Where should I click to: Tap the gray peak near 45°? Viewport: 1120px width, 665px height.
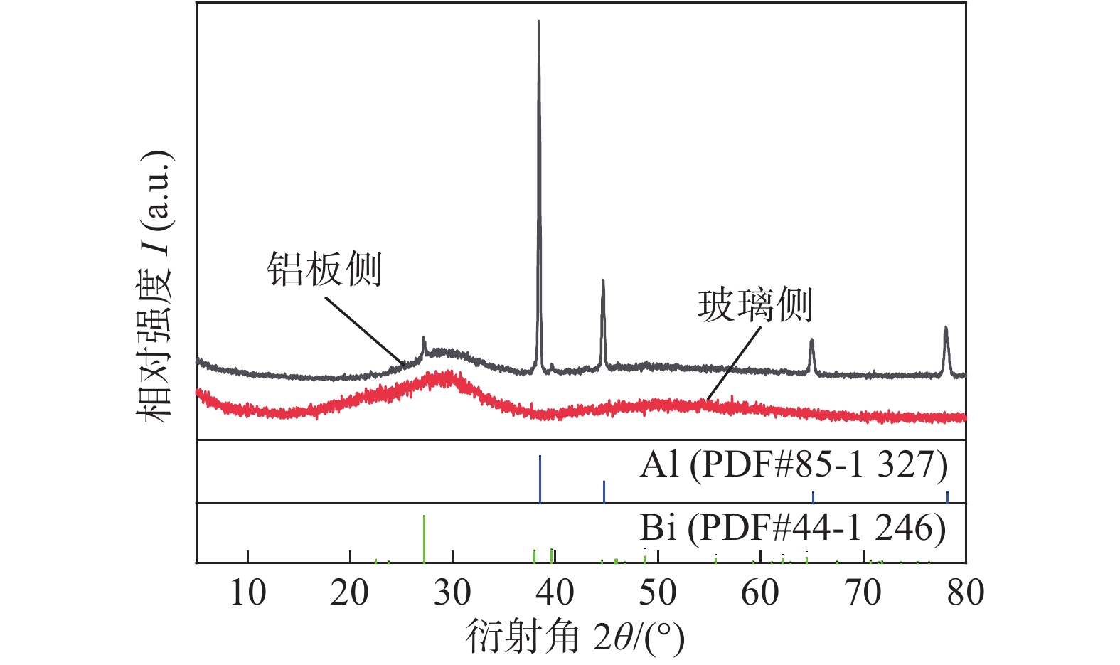click(x=603, y=282)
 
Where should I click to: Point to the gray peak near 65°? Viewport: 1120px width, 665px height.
click(x=811, y=341)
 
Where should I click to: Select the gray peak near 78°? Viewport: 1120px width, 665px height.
click(x=946, y=329)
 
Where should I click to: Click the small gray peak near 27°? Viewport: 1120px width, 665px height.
click(x=424, y=339)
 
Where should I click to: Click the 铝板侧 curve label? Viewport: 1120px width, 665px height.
click(x=325, y=270)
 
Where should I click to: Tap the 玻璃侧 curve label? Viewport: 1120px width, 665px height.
click(x=754, y=305)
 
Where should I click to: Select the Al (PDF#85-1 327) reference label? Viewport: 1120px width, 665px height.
click(x=794, y=465)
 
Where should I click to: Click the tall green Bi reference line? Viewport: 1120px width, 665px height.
click(x=424, y=538)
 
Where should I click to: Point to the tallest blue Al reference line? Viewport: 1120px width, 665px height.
click(x=540, y=479)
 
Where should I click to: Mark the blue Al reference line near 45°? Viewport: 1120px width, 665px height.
click(x=604, y=491)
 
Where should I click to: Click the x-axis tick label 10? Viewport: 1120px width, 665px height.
click(x=247, y=592)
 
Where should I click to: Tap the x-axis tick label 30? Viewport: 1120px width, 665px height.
click(x=453, y=592)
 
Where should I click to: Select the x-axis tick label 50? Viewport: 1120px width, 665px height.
click(x=658, y=592)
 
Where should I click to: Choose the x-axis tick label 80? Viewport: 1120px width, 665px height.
click(x=965, y=592)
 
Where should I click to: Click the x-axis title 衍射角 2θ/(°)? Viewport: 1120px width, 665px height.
click(x=575, y=636)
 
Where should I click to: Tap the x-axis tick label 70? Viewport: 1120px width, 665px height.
click(x=863, y=592)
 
